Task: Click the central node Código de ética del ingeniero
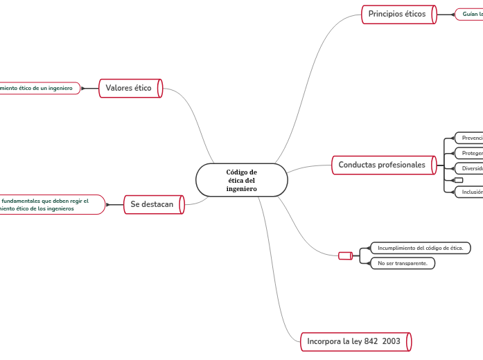tap(241, 180)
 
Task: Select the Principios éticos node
tap(398, 14)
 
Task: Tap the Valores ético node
tap(130, 88)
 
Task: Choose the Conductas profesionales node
tap(383, 165)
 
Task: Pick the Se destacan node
tap(152, 204)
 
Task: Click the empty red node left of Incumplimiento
tap(345, 256)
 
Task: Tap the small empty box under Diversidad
tap(459, 180)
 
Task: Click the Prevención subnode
tap(470, 138)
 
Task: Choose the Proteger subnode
tap(470, 153)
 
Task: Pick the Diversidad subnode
tap(470, 168)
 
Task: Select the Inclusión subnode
tap(470, 192)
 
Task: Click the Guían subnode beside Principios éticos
tap(471, 14)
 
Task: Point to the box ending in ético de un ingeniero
tap(37, 88)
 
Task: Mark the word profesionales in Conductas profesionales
tap(402, 165)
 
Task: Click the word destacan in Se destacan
tap(159, 204)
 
